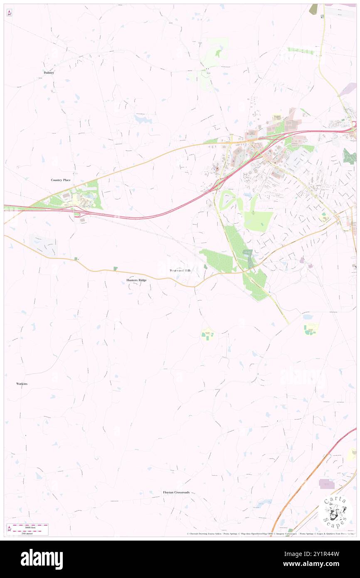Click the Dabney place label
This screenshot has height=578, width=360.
click(x=49, y=72)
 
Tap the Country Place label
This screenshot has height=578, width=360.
click(x=61, y=180)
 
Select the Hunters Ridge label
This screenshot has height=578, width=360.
click(x=136, y=280)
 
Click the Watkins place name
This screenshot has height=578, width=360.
click(x=22, y=383)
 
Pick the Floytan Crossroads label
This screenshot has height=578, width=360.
click(x=176, y=492)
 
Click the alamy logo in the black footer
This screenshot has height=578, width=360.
click(x=42, y=559)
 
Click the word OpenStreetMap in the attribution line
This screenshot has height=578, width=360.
click(x=254, y=534)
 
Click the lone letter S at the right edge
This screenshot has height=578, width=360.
click(x=355, y=266)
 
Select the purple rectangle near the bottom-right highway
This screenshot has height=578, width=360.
click(x=327, y=484)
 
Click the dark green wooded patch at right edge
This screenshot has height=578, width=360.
click(x=350, y=156)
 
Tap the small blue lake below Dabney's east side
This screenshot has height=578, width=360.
click(x=143, y=119)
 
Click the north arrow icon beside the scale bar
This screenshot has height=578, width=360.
click(x=9, y=529)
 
